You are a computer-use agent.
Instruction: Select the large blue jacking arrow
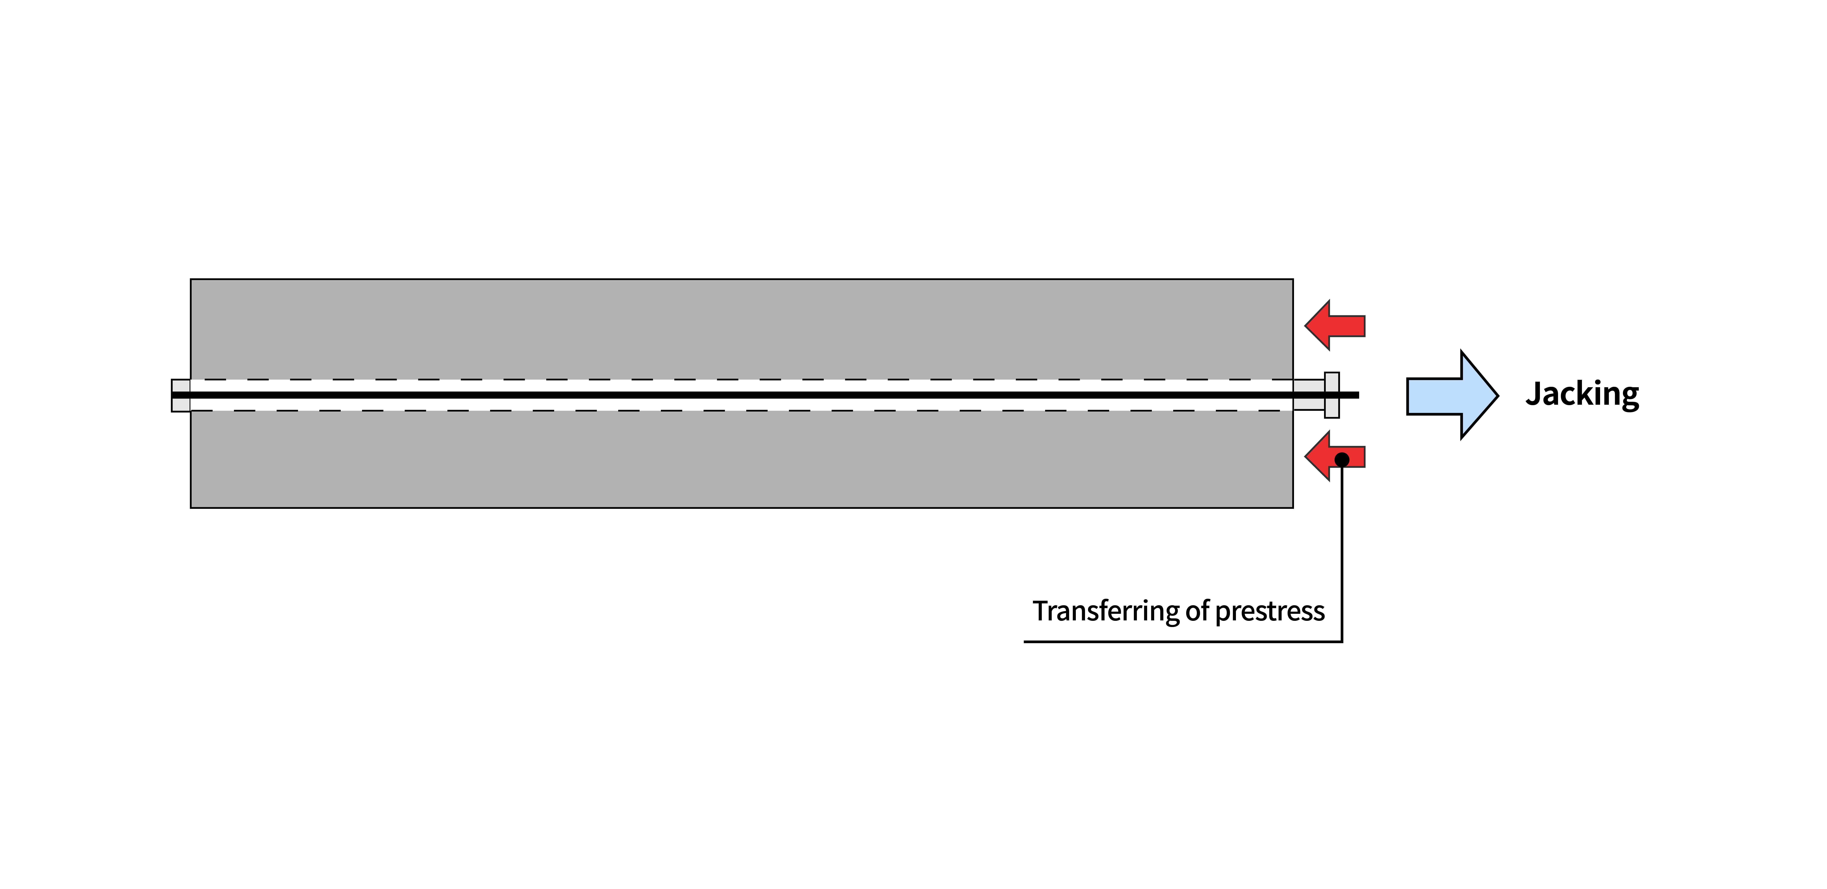click(x=1452, y=395)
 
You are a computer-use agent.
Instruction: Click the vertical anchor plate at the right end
click(x=1332, y=395)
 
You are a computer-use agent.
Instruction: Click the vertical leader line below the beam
click(x=1342, y=551)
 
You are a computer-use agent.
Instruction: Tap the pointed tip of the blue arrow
click(x=1498, y=395)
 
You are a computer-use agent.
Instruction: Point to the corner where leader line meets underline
click(x=1342, y=642)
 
